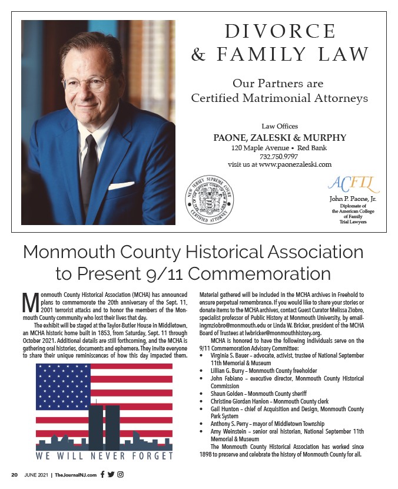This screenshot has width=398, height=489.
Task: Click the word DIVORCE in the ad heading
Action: click(x=280, y=31)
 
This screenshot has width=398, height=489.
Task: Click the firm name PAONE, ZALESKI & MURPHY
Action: click(x=280, y=138)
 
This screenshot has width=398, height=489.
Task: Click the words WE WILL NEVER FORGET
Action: click(x=104, y=455)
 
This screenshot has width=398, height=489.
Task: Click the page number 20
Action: click(x=15, y=475)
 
